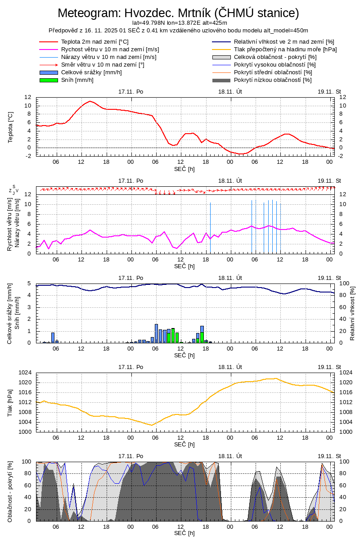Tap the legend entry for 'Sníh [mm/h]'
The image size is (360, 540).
click(x=77, y=80)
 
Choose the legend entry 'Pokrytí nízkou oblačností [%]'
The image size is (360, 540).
click(x=273, y=80)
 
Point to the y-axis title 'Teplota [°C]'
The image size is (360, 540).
click(x=10, y=127)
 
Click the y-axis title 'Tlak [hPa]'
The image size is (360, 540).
click(x=10, y=402)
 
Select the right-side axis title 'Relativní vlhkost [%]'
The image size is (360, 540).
click(x=352, y=313)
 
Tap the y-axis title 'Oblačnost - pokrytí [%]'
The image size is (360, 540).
click(x=10, y=491)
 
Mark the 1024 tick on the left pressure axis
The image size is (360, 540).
click(x=27, y=373)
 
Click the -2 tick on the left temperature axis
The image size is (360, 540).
click(x=28, y=156)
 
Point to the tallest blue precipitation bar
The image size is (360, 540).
click(x=156, y=333)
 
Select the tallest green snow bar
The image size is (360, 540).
click(x=173, y=336)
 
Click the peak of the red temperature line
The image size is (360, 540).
click(x=90, y=101)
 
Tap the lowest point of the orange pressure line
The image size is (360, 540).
click(x=152, y=425)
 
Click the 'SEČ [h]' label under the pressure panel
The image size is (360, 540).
click(x=184, y=444)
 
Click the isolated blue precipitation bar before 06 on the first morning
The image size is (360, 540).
click(x=53, y=337)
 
